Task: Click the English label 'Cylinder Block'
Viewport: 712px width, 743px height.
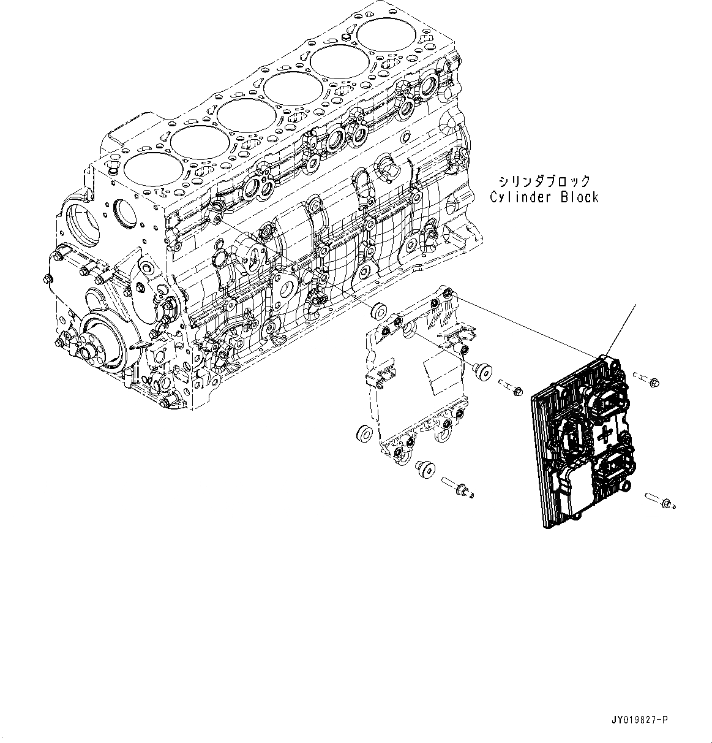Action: (x=544, y=197)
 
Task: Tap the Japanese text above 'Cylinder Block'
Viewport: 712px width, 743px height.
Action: (x=544, y=181)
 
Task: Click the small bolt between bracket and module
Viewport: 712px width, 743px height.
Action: (x=509, y=386)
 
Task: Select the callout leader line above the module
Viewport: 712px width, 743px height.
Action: (x=621, y=328)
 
